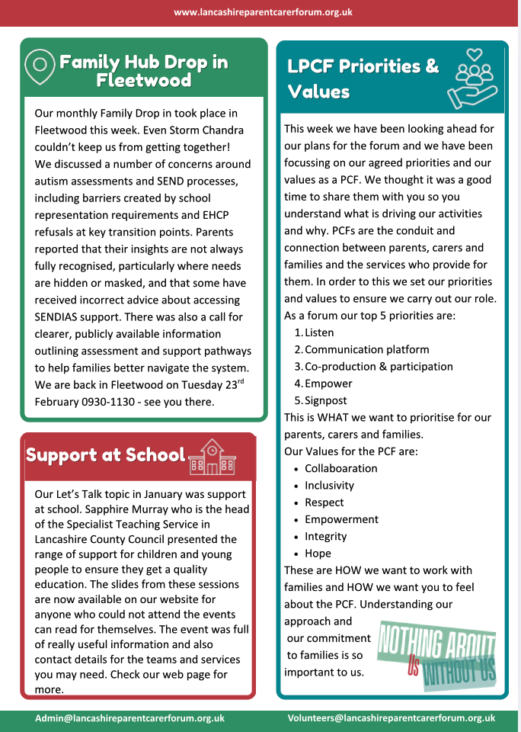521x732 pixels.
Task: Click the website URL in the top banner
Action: click(x=263, y=12)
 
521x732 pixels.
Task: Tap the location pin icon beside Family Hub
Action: click(x=40, y=68)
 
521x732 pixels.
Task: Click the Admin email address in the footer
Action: click(x=129, y=718)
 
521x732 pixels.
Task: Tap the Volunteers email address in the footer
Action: click(x=392, y=718)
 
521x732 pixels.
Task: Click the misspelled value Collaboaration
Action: click(x=341, y=468)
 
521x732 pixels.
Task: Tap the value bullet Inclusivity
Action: click(x=330, y=485)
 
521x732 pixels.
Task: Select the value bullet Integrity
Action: click(x=326, y=536)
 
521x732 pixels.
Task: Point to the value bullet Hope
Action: click(x=318, y=553)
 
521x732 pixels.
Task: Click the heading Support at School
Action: click(x=106, y=455)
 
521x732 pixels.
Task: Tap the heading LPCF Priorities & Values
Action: click(x=363, y=79)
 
